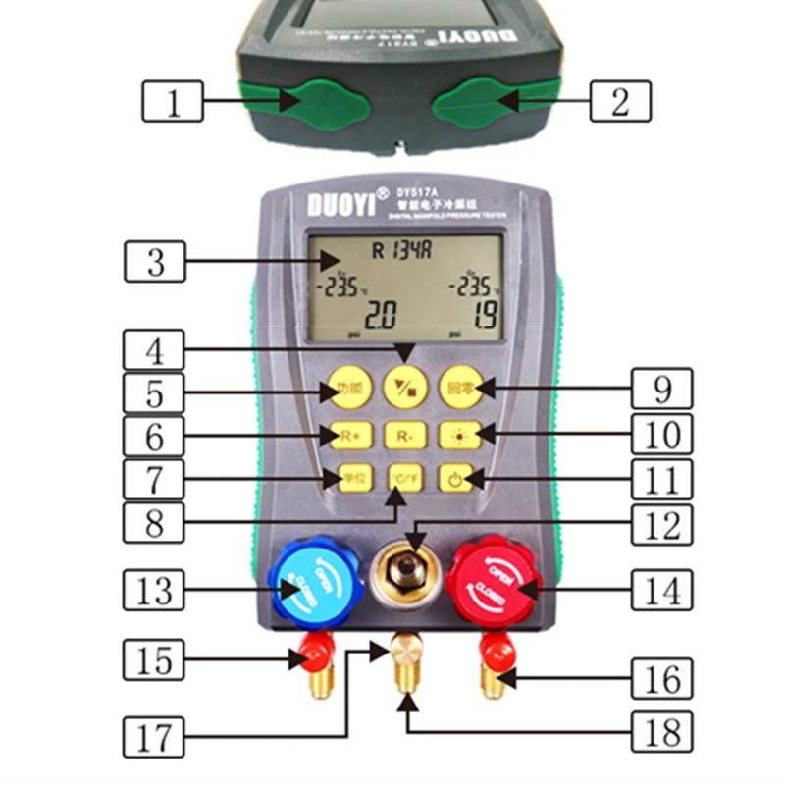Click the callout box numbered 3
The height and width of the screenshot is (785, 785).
156,263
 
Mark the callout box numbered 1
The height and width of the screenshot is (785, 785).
174,101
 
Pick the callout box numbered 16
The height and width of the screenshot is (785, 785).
659,677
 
